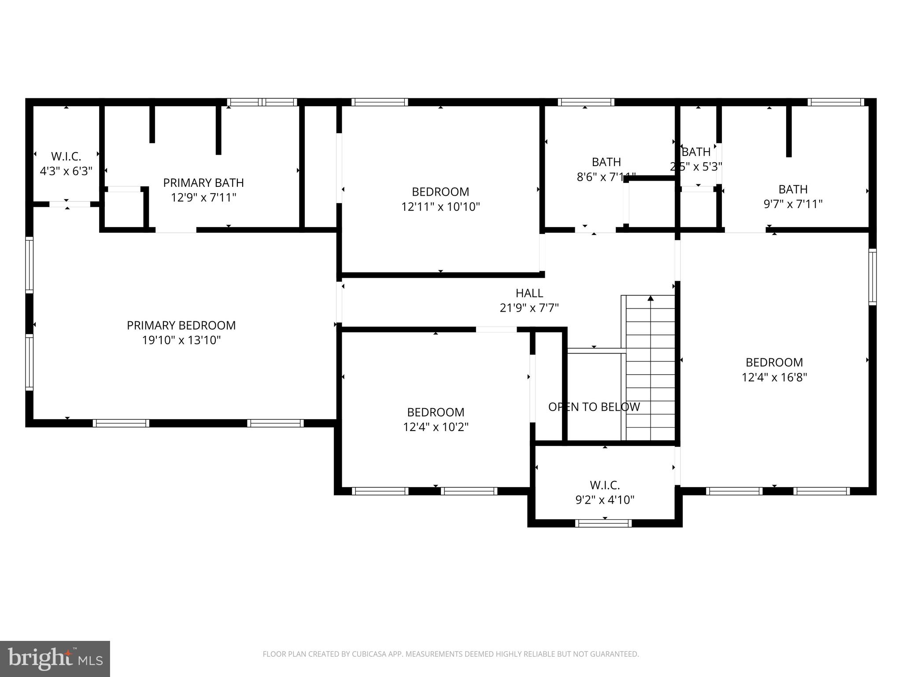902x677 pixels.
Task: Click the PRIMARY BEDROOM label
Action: pos(181,325)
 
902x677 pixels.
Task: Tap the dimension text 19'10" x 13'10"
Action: pos(181,340)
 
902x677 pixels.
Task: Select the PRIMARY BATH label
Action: pos(203,182)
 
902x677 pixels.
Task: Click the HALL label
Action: pos(529,293)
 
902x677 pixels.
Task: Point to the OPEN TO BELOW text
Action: pos(594,407)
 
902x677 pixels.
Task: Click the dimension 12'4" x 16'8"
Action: pos(774,377)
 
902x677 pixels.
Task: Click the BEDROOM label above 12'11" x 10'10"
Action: pos(440,192)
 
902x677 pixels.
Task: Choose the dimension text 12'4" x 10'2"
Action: pos(436,427)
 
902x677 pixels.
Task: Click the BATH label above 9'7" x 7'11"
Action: pos(793,190)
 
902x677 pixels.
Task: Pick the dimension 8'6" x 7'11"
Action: pos(606,177)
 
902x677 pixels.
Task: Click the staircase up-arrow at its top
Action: pos(651,298)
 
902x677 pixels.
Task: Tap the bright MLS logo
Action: pos(55,658)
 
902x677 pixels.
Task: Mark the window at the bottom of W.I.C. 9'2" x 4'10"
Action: pos(603,523)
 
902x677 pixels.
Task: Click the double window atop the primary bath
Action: pos(262,102)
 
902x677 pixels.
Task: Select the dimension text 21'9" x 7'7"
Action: pos(529,308)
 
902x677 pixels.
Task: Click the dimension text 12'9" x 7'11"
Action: pos(203,197)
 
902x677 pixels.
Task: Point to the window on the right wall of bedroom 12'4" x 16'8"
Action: pos(872,277)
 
